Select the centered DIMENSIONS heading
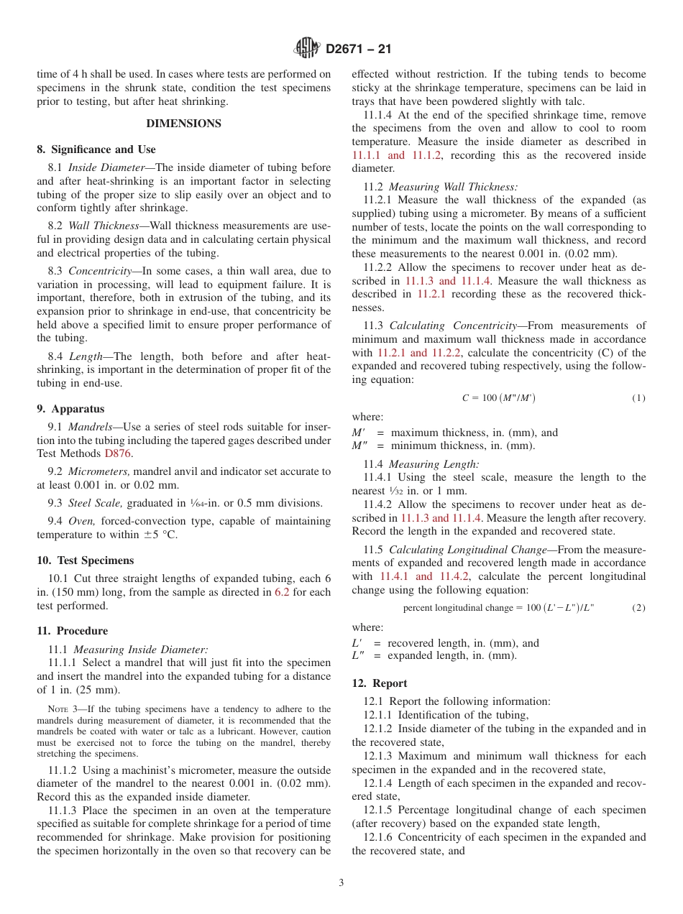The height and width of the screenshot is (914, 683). pyautogui.click(x=183, y=124)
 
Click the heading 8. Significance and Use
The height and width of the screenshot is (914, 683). pyautogui.click(x=96, y=149)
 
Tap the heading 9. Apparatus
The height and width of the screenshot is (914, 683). pyautogui.click(x=70, y=409)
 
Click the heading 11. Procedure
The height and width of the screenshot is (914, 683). pyautogui.click(x=72, y=631)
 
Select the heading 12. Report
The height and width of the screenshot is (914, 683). pyautogui.click(x=380, y=683)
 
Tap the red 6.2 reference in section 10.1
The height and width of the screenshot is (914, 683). pyautogui.click(x=283, y=593)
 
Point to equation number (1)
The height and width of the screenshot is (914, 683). pyautogui.click(x=638, y=398)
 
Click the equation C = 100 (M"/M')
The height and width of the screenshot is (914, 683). pyautogui.click(x=498, y=398)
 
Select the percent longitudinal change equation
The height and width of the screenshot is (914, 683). pyautogui.click(x=498, y=608)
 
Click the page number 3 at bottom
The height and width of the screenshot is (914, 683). pyautogui.click(x=341, y=883)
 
